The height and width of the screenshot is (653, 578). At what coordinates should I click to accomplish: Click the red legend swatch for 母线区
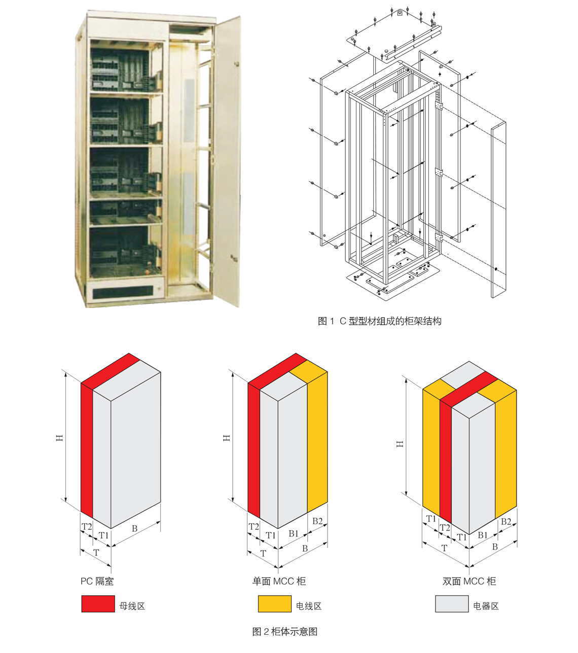click(x=98, y=604)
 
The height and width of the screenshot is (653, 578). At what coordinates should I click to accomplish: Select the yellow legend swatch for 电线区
click(x=274, y=604)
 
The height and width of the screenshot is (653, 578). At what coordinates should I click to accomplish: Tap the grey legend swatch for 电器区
click(x=451, y=604)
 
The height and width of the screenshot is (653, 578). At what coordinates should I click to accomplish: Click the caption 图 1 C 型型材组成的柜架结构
click(x=379, y=321)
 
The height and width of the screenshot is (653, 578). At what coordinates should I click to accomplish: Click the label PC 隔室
click(x=97, y=581)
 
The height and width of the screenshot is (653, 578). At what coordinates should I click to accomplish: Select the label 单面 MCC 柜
click(x=279, y=581)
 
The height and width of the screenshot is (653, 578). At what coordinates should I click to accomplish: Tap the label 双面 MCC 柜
click(x=469, y=581)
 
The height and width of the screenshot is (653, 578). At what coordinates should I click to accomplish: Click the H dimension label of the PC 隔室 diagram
click(x=60, y=437)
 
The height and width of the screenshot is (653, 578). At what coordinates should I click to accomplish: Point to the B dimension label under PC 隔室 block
click(x=134, y=528)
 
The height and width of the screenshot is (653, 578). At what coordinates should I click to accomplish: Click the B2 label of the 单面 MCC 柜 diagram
click(x=317, y=521)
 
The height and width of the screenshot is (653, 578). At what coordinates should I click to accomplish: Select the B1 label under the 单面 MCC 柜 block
click(x=294, y=533)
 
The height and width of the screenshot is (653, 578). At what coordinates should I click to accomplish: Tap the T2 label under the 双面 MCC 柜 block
click(x=445, y=528)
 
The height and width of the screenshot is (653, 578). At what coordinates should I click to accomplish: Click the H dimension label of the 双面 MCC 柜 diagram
click(x=400, y=443)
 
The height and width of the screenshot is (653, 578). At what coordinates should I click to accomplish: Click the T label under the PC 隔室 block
click(x=96, y=553)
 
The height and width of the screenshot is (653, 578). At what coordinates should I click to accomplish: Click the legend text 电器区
click(x=486, y=606)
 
